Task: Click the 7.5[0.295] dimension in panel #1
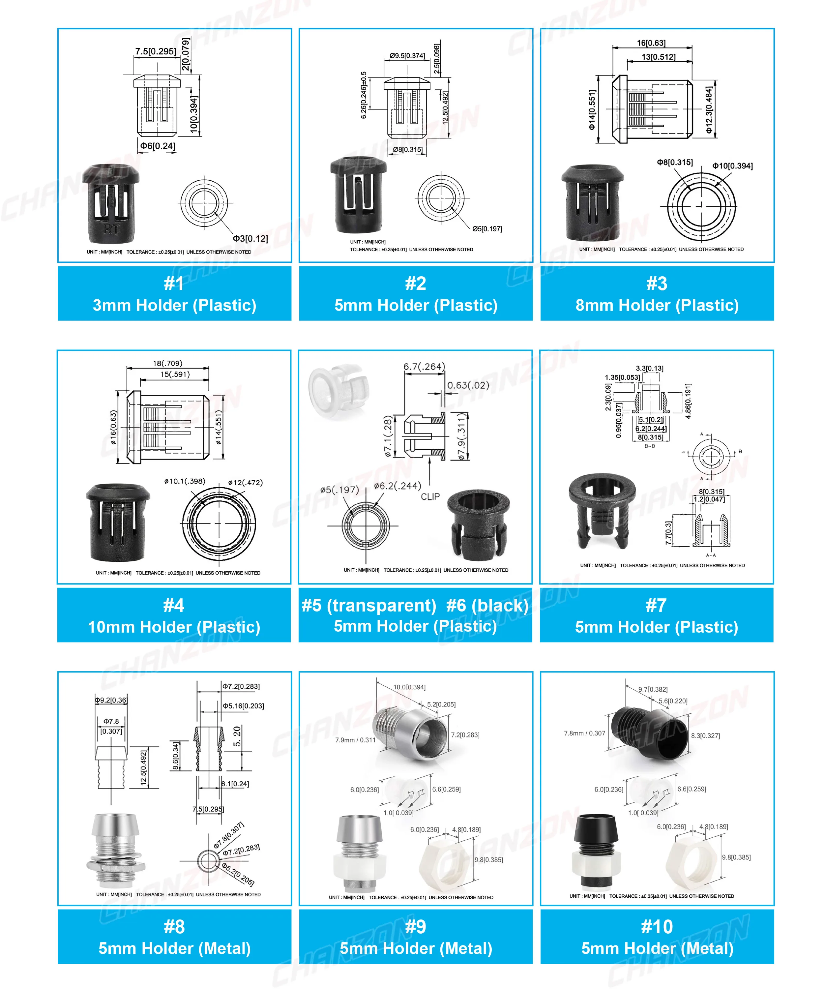155,51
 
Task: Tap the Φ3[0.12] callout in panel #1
250,238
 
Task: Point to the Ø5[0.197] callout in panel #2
487,229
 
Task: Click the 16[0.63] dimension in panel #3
651,43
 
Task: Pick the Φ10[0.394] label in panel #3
732,166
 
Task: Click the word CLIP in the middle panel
430,496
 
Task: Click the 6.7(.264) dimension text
424,366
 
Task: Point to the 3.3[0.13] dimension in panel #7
649,368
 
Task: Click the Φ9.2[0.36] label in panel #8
111,700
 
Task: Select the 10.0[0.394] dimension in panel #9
409,687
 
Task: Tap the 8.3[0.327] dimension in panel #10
705,735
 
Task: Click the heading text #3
656,284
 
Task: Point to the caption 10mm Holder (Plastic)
174,627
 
